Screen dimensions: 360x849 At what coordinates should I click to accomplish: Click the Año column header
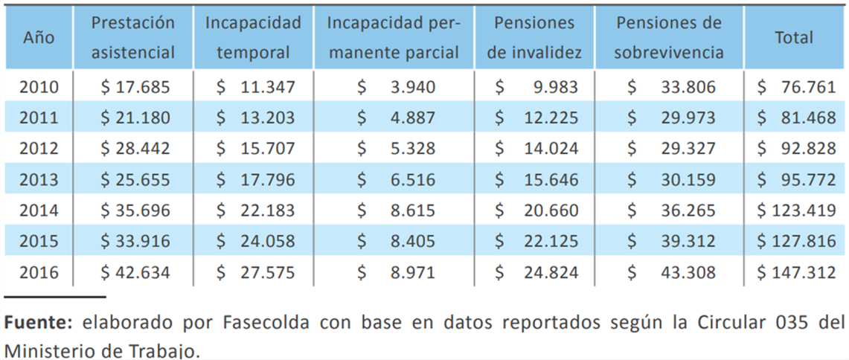pyautogui.click(x=38, y=38)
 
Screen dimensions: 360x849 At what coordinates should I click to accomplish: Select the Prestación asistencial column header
pyautogui.click(x=133, y=38)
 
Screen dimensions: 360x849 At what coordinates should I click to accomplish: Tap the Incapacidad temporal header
pyautogui.click(x=254, y=38)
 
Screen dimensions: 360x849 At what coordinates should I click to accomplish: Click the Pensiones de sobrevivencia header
pyautogui.click(x=669, y=38)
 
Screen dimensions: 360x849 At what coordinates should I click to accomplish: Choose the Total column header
pyautogui.click(x=794, y=38)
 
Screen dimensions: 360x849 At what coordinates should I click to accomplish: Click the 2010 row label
pyautogui.click(x=39, y=88)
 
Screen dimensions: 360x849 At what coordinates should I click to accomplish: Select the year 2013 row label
pyautogui.click(x=39, y=180)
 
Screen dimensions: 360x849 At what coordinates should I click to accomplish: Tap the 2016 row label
pyautogui.click(x=39, y=273)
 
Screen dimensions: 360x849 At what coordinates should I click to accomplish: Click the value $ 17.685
pyautogui.click(x=136, y=88)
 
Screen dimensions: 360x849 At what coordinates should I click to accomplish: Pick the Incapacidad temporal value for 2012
pyautogui.click(x=255, y=149)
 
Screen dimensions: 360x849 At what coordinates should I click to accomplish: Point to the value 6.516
pyautogui.click(x=412, y=180)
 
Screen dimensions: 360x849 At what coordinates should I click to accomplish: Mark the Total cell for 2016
pyautogui.click(x=796, y=273)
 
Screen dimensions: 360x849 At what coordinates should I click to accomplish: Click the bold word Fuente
pyautogui.click(x=38, y=324)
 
